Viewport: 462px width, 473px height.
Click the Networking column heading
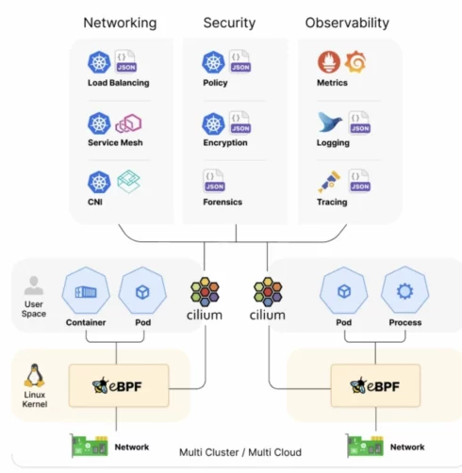[120, 24]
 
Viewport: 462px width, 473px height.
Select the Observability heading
[347, 24]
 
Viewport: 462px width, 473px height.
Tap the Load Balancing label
[119, 83]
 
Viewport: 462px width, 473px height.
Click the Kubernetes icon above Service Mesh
[99, 123]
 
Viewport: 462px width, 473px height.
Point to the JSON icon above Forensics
[214, 181]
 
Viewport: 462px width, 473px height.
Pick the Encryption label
[225, 142]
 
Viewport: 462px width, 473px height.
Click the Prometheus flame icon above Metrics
[329, 62]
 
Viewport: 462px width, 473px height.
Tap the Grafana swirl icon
[355, 61]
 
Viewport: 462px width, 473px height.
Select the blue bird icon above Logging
[329, 122]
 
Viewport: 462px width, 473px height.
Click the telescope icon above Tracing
[329, 182]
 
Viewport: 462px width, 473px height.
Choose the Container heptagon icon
[86, 291]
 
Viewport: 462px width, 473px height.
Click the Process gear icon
[405, 291]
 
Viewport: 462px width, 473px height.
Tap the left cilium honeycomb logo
[205, 291]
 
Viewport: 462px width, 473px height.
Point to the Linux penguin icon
[34, 376]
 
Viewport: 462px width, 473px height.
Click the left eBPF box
[119, 385]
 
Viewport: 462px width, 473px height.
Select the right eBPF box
[375, 385]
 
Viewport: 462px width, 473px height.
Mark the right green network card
[365, 446]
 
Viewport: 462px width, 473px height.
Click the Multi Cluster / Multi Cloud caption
[240, 452]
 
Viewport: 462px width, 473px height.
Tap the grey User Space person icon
[34, 285]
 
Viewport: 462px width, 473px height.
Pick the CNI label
[95, 202]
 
